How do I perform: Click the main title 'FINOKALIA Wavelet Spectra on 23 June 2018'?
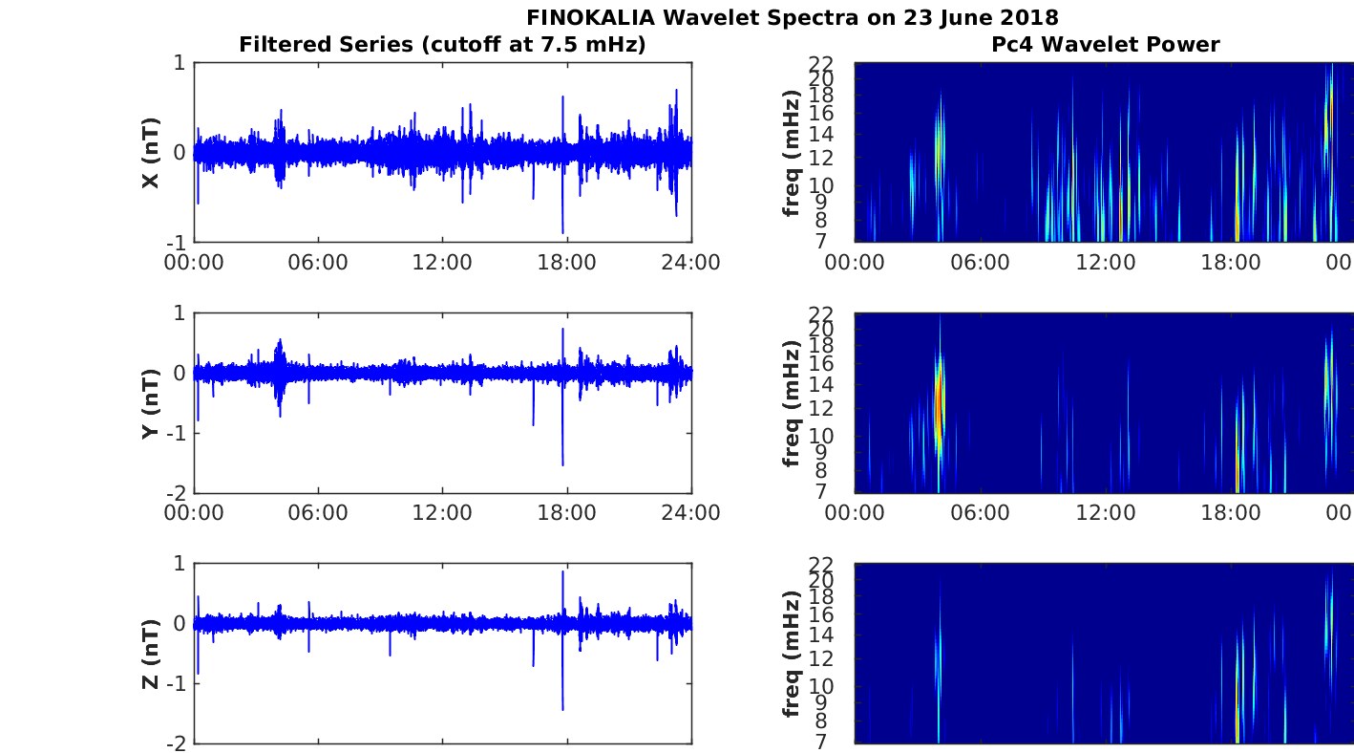tap(792, 17)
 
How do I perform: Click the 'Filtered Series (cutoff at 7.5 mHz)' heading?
tap(442, 45)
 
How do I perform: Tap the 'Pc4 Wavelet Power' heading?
tap(1106, 45)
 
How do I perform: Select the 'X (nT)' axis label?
tap(151, 153)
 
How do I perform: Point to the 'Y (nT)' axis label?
tap(151, 403)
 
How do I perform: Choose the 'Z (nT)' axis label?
tap(151, 654)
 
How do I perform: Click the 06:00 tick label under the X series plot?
tap(318, 263)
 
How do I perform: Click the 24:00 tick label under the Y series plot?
tap(690, 513)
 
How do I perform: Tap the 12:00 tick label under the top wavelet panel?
tap(1106, 263)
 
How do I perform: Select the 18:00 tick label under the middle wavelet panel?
tap(1230, 513)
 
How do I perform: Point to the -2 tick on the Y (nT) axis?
tap(177, 493)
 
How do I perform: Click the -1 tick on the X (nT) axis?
tap(177, 243)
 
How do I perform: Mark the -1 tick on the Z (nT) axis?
tap(177, 684)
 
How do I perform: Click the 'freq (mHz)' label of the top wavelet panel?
tap(791, 153)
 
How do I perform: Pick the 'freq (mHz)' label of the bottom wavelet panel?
tap(791, 654)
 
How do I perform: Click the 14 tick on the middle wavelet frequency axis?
tap(821, 384)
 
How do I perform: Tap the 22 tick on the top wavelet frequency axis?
tap(821, 63)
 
